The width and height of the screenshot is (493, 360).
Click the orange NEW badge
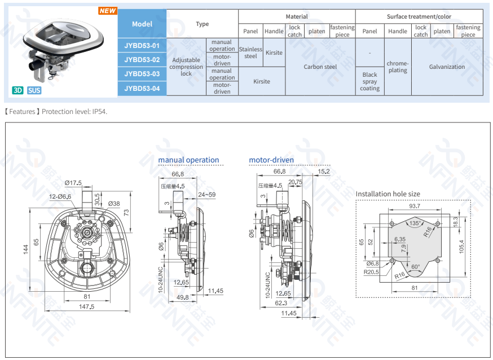point(107,11)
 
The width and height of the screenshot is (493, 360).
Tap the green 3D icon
point(18,90)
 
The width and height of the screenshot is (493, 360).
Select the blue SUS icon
point(34,90)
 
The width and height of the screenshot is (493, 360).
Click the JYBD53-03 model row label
point(142,74)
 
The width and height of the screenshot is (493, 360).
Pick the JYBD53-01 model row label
point(142,45)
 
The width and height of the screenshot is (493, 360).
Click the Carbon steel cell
point(320,67)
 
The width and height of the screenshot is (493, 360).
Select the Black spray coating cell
point(370,81)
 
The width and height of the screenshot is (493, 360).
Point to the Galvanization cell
point(447,67)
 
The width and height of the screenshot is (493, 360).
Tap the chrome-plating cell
point(398,67)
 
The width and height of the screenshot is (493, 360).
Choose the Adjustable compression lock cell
point(186,67)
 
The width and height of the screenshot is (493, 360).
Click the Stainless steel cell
point(250,52)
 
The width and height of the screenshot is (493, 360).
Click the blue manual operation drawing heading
point(188,160)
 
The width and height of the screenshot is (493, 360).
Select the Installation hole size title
point(388,194)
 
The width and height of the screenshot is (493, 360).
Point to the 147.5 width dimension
point(87,306)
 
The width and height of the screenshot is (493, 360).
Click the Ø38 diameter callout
point(113,204)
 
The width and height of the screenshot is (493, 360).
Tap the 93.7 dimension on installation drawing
point(414,206)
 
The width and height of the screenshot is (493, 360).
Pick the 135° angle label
point(415,223)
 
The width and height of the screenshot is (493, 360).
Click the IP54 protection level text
point(99,112)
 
